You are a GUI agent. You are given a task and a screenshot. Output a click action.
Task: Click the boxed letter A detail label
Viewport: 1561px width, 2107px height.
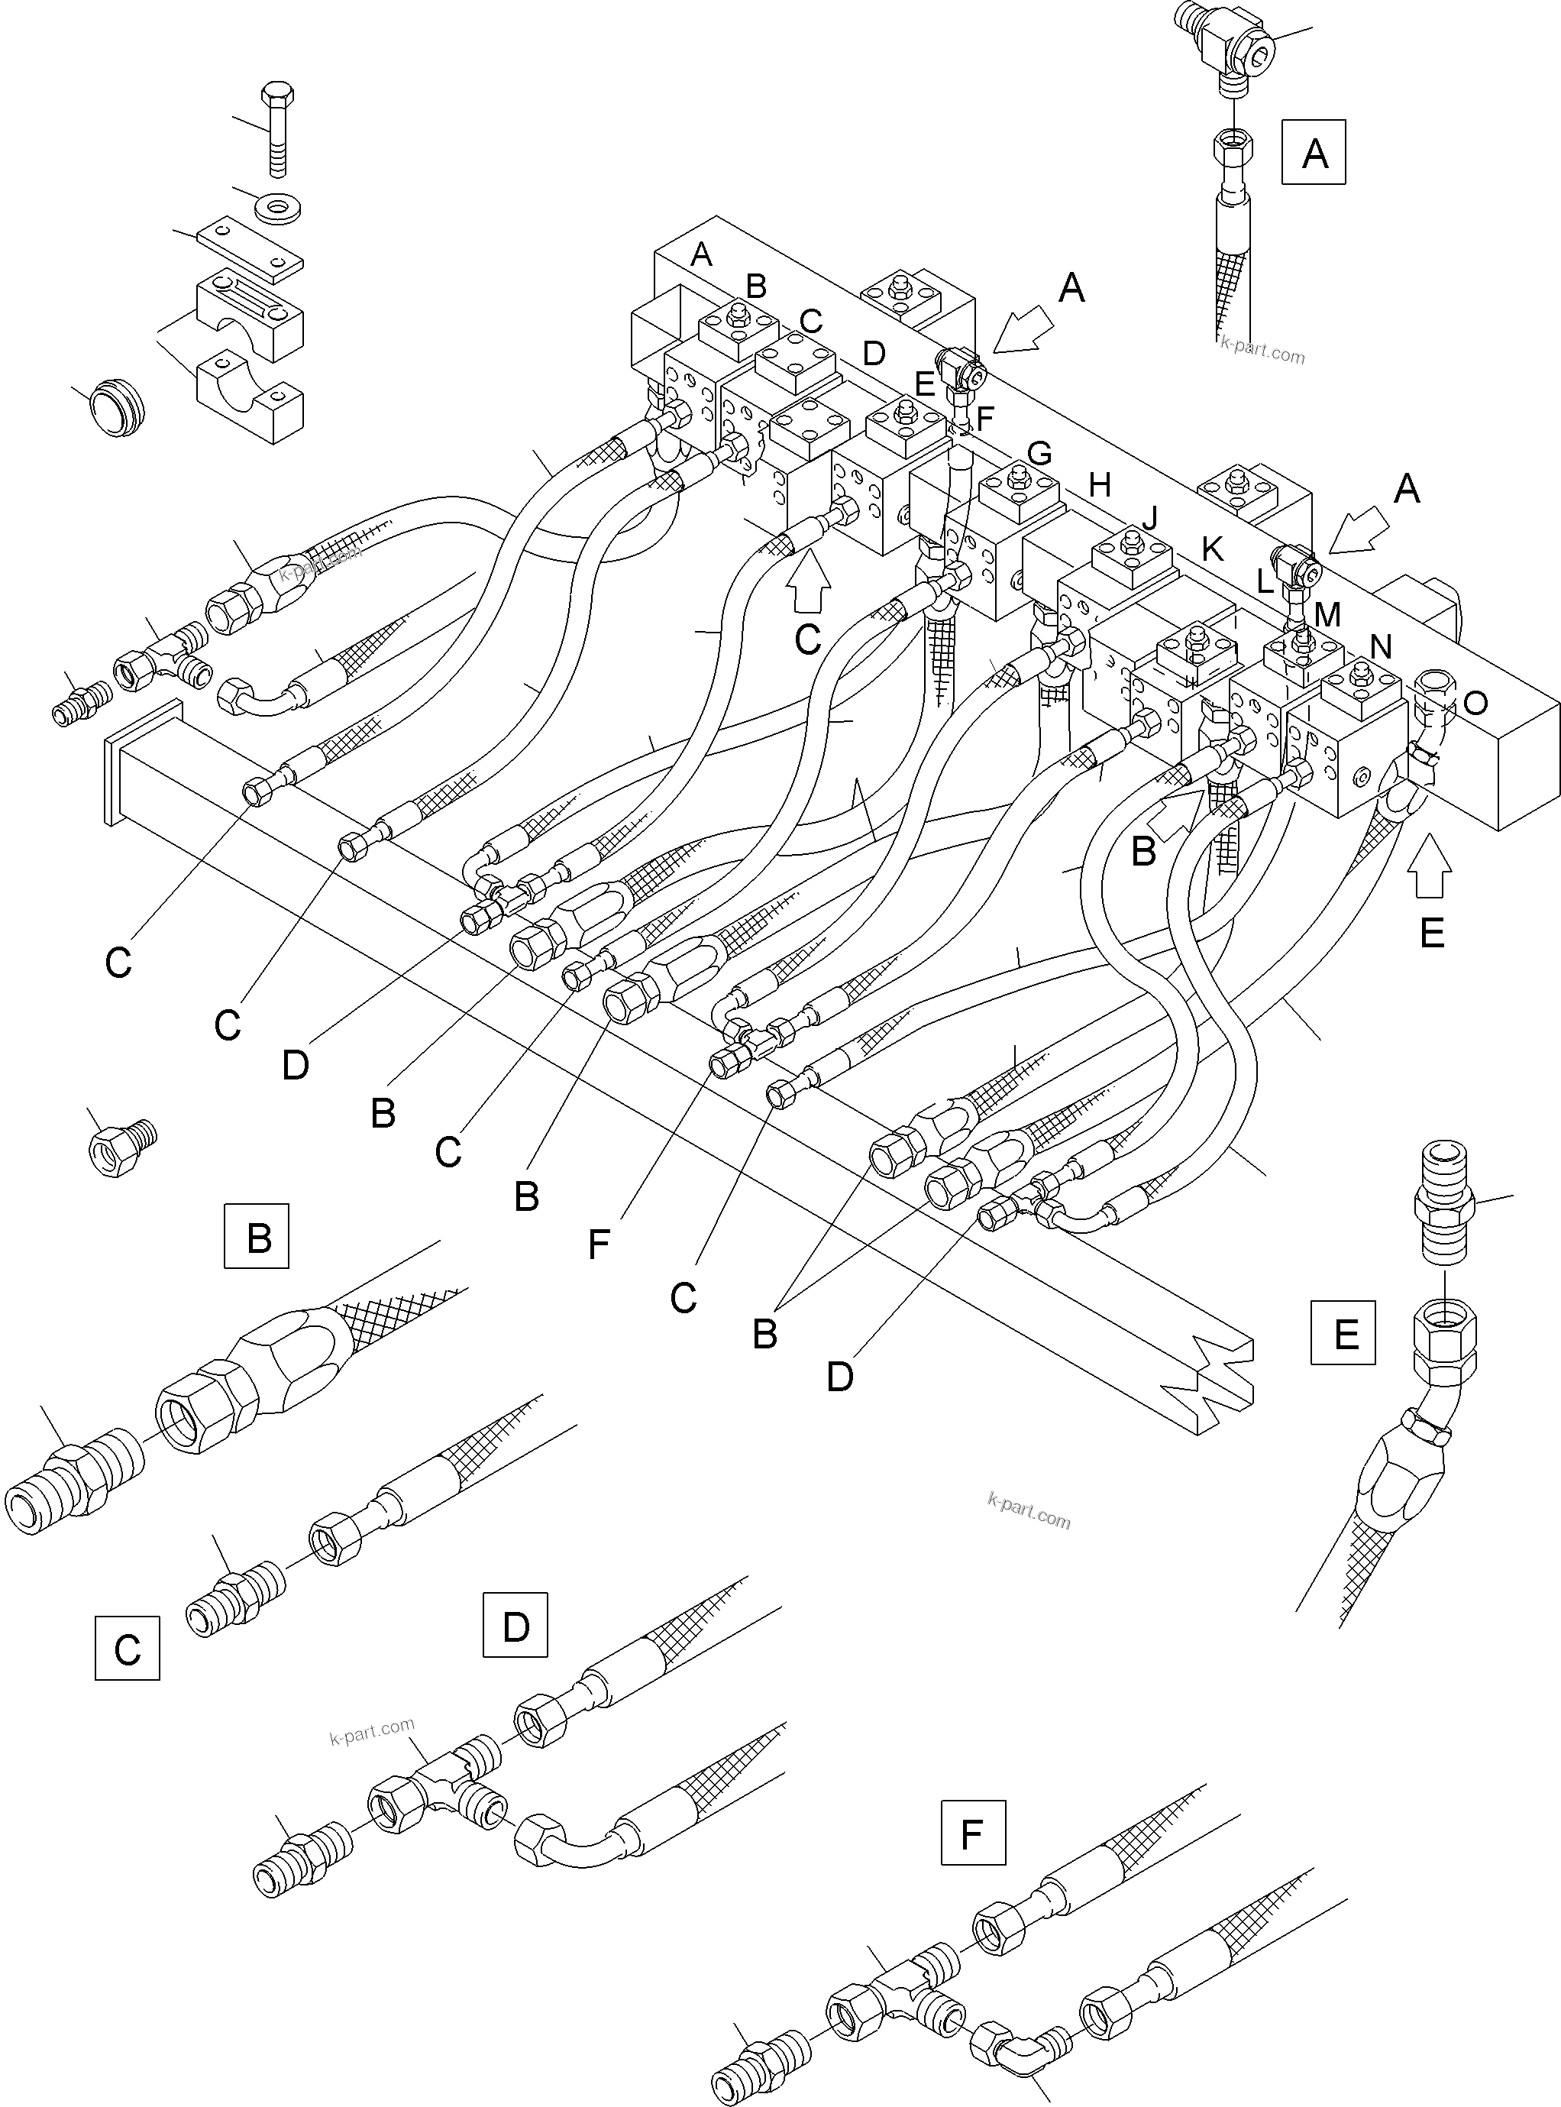(x=1314, y=152)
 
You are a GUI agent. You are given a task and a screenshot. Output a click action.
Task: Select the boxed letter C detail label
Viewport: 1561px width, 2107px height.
(x=128, y=1648)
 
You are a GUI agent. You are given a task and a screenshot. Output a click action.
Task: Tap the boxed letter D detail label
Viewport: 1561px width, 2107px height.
(x=515, y=1624)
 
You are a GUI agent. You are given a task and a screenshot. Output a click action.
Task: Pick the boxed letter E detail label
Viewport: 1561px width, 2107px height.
(x=1343, y=1333)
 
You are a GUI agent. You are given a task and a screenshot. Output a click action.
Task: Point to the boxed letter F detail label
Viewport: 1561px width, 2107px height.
(x=973, y=1833)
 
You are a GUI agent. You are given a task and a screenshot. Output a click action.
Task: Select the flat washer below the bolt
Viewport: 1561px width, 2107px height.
(x=280, y=204)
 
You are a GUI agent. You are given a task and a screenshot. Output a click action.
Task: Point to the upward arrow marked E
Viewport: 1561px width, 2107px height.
(x=1430, y=871)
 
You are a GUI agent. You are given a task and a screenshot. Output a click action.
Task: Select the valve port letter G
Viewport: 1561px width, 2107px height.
(x=1039, y=453)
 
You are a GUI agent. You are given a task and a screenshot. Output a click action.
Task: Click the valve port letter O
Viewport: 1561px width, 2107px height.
(x=1475, y=701)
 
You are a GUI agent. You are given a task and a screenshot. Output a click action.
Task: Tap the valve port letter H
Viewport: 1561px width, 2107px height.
(x=1099, y=485)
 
